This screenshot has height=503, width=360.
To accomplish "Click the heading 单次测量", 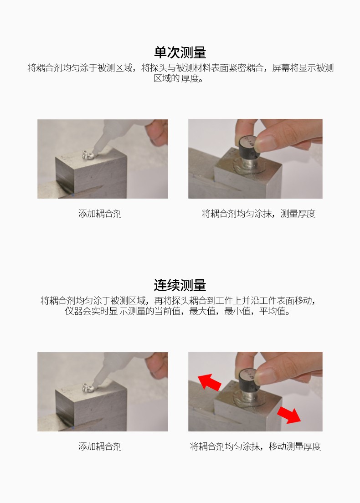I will coord(180,52).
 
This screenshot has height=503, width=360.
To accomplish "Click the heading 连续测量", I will coord(180,285).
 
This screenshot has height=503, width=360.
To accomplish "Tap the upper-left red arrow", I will coord(209,381).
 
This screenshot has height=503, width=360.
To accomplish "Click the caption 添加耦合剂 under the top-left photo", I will coord(100,214).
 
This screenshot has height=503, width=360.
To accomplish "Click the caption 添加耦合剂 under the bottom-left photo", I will coord(100,447).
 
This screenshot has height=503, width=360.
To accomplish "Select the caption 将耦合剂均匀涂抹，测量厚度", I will coord(258,214).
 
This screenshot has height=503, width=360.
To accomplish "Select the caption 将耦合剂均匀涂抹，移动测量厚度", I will coord(255,447).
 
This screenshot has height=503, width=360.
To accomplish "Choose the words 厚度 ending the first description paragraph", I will coord(192,78).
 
